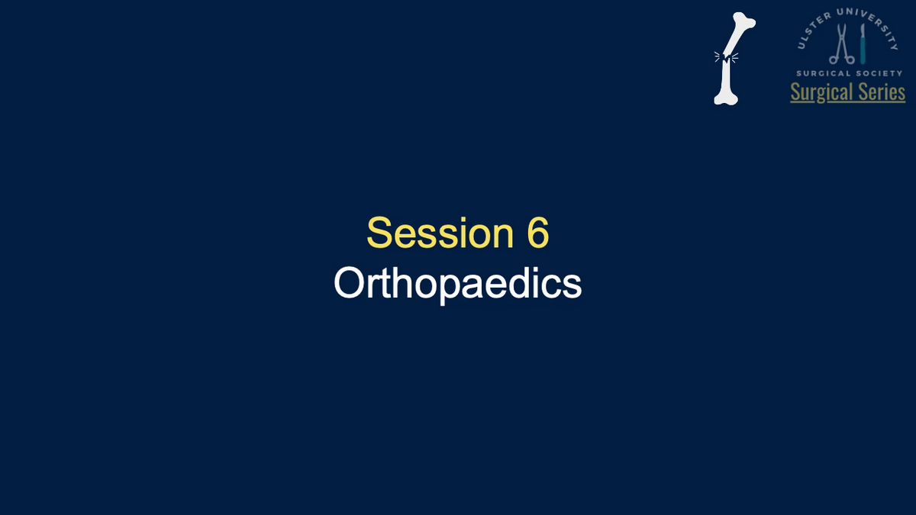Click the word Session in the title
[440, 233]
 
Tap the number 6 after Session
[537, 232]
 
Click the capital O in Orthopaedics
[349, 283]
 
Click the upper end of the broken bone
[745, 21]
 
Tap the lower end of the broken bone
[725, 98]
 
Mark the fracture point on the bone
[726, 58]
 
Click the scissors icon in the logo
[841, 44]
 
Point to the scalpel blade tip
[863, 24]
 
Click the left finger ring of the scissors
[834, 60]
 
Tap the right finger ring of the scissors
[850, 60]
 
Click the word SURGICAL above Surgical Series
[822, 73]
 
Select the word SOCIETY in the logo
[878, 73]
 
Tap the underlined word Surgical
[822, 92]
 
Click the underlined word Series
[882, 92]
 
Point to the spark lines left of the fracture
[718, 56]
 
